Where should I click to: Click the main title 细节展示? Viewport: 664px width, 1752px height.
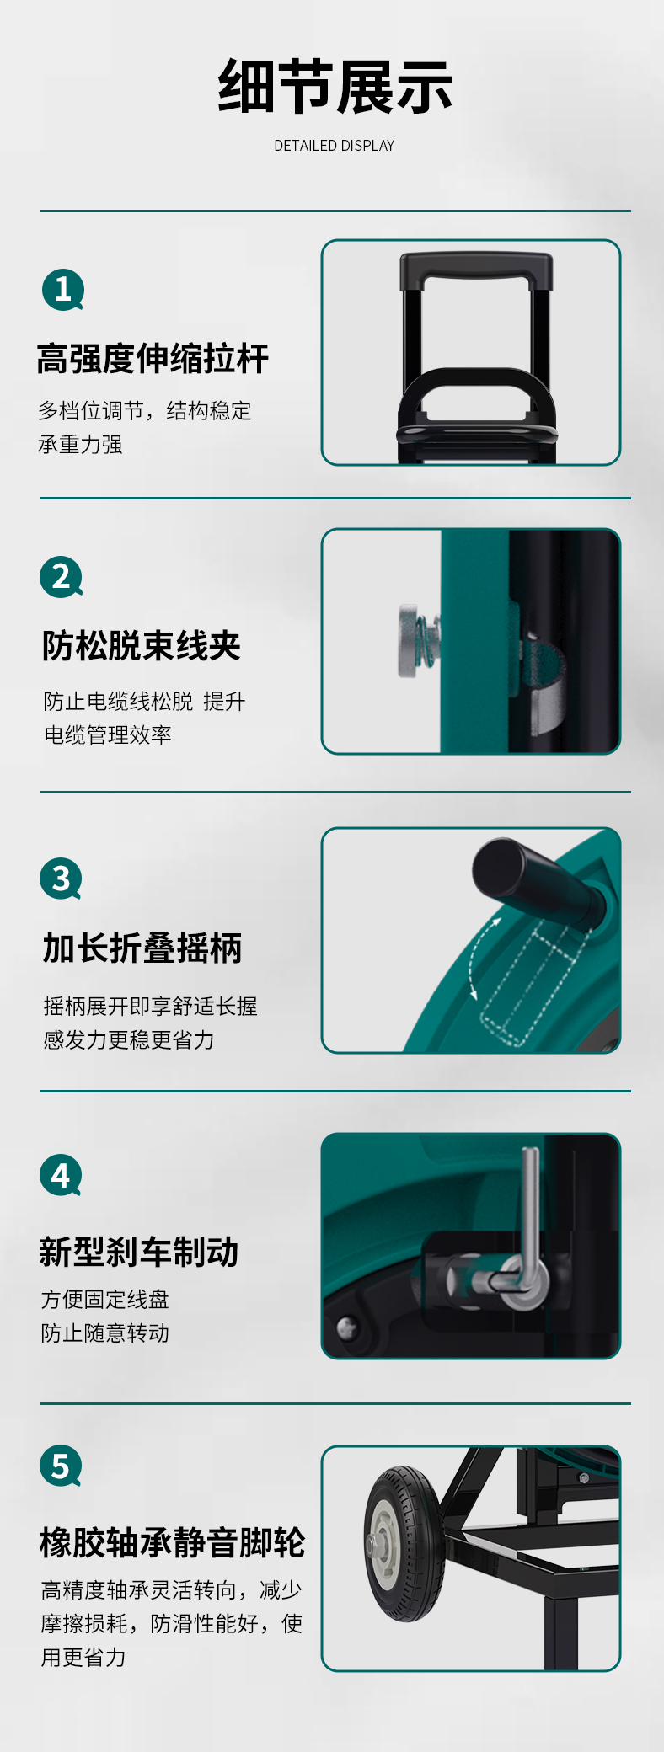[335, 87]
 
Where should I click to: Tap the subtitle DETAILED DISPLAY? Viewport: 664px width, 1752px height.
[335, 146]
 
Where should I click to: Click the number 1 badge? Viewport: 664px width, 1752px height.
[63, 290]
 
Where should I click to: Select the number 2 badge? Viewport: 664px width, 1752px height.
[62, 578]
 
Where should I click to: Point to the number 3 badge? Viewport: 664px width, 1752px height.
[61, 879]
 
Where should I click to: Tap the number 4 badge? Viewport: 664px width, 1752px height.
[61, 1175]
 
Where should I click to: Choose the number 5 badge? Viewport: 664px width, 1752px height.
[61, 1466]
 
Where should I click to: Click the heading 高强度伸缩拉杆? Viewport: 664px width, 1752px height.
[153, 359]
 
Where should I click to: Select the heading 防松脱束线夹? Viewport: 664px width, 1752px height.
[142, 646]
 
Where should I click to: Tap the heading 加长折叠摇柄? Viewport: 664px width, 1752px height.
[142, 948]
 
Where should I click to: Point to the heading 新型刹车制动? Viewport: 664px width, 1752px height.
[139, 1252]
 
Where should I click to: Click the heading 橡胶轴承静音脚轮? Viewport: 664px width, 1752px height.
[172, 1542]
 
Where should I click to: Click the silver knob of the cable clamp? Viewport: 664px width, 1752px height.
[412, 640]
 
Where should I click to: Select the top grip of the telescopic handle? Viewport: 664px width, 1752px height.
[476, 270]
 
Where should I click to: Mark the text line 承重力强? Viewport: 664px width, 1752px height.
[80, 444]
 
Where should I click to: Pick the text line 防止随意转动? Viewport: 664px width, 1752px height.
[105, 1333]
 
